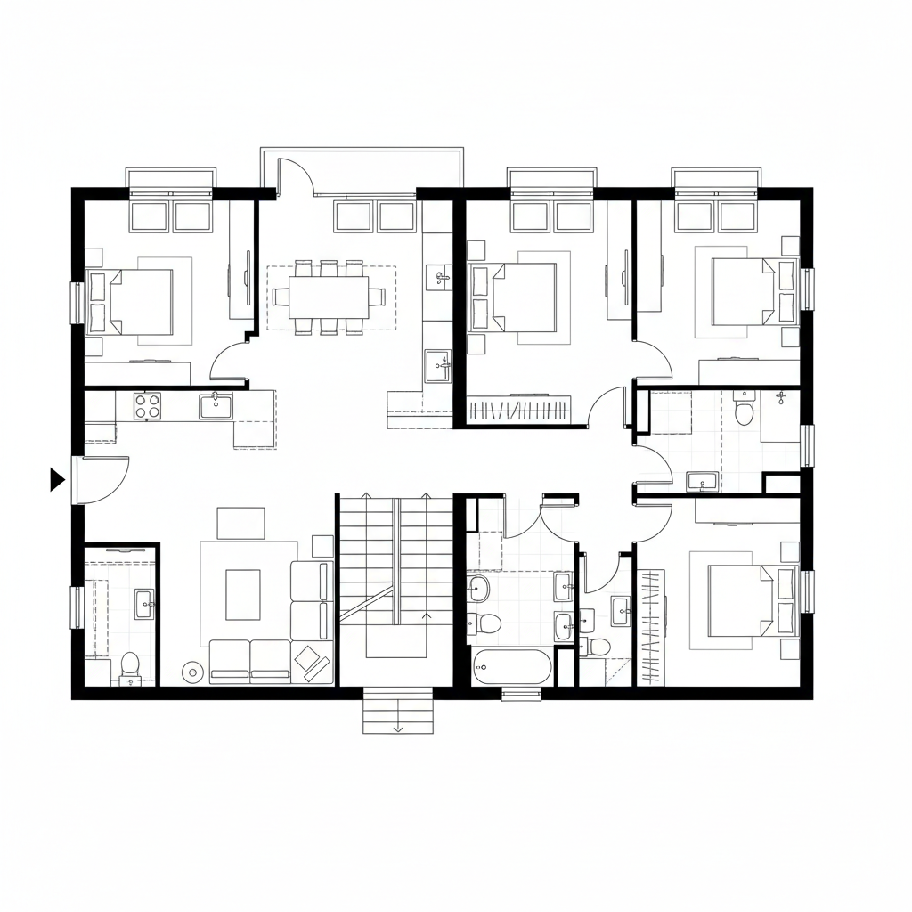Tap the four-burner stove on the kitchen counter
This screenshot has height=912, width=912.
pyautogui.click(x=147, y=406)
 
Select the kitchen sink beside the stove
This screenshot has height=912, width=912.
pyautogui.click(x=216, y=406)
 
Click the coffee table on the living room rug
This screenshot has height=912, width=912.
pyautogui.click(x=242, y=594)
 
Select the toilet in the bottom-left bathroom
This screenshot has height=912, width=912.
pyautogui.click(x=130, y=664)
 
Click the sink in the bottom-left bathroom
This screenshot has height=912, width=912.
pyautogui.click(x=143, y=604)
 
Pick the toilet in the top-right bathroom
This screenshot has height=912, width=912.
pyautogui.click(x=744, y=412)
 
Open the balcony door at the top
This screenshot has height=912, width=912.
pyautogui.click(x=296, y=175)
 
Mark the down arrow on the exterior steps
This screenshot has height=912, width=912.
pyautogui.click(x=397, y=726)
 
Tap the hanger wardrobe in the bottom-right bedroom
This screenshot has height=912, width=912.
pyautogui.click(x=652, y=627)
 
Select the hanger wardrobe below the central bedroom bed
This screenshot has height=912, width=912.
pyautogui.click(x=519, y=411)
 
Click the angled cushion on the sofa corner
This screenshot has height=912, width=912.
pyautogui.click(x=311, y=658)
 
